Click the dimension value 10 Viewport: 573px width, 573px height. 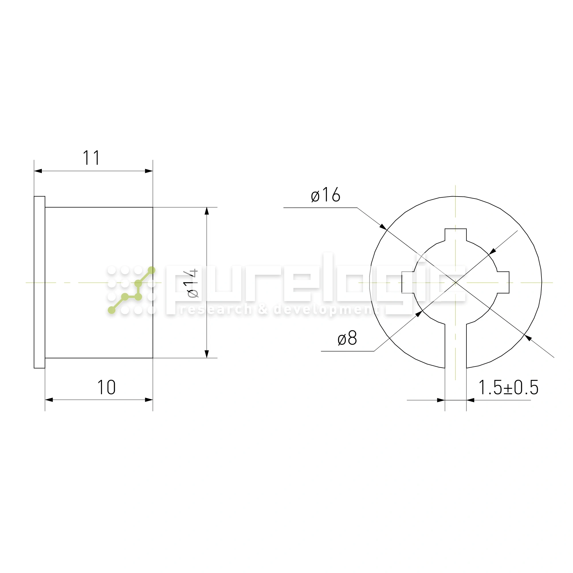[107, 387]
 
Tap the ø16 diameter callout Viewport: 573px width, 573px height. [325, 195]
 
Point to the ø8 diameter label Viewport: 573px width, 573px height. [347, 338]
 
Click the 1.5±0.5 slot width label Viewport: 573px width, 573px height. [508, 387]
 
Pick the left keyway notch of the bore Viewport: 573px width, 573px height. [408, 282]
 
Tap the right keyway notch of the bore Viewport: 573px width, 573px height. [503, 282]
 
